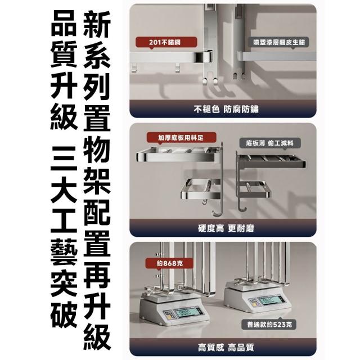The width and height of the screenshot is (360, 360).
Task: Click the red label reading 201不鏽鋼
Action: pos(166,42)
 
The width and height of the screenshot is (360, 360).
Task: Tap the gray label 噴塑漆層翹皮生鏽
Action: pos(279,42)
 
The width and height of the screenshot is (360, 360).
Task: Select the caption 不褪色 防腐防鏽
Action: pos(226,109)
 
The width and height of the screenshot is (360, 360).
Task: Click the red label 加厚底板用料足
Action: pos(181,137)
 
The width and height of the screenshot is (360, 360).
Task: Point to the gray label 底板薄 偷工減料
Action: pos(270,143)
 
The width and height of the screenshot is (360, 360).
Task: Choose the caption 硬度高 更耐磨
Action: pos(226,228)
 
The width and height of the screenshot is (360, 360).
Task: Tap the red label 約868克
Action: pos(170,263)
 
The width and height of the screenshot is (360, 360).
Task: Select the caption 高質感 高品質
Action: pos(226,348)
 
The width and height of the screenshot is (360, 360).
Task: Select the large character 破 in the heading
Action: pos(64,314)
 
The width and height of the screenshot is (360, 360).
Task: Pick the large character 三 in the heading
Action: pos(64,159)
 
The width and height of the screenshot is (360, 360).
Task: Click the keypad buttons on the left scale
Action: pos(168,315)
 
